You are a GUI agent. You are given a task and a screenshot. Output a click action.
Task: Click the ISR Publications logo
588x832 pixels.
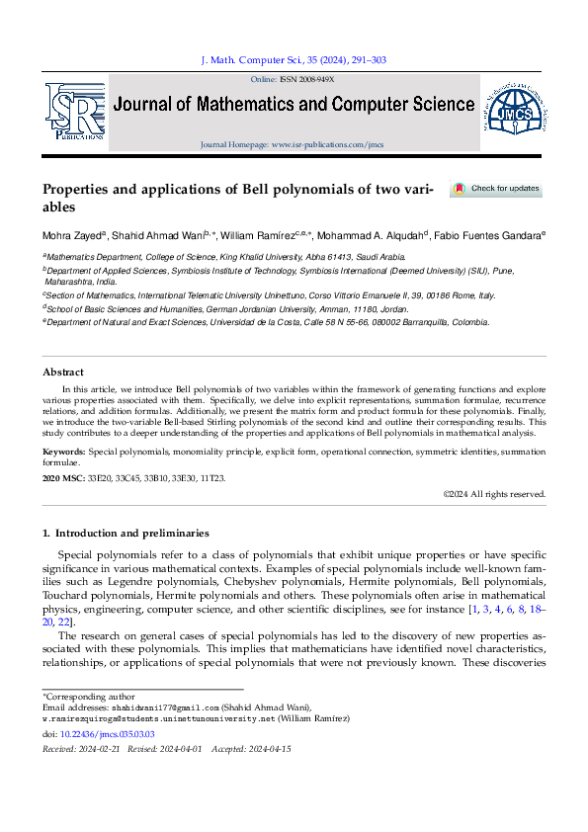click(x=73, y=112)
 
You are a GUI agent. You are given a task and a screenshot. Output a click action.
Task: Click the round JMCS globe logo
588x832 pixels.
click(x=513, y=111)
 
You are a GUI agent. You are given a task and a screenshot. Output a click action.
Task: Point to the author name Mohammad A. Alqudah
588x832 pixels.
click(x=377, y=236)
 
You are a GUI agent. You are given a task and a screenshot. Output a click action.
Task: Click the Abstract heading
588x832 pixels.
click(x=62, y=372)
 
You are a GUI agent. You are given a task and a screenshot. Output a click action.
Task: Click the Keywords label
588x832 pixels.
click(x=64, y=452)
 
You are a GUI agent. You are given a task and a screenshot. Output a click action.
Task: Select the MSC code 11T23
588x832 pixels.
click(x=211, y=478)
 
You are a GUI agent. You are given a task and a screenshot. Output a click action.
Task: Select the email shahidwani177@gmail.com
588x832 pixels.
click(x=164, y=707)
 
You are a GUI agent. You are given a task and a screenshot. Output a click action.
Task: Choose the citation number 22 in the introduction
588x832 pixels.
click(x=64, y=622)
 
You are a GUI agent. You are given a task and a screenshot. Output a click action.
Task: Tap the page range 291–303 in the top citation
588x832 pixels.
click(x=366, y=60)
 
